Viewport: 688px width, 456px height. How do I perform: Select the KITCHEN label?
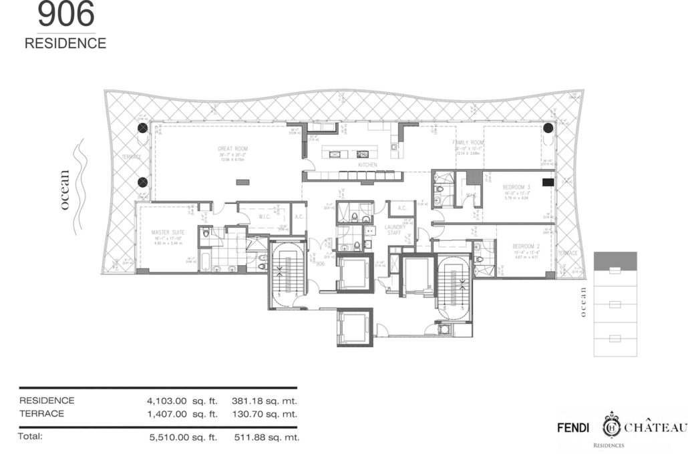point(367,165)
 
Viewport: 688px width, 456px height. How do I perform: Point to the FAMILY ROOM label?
point(468,143)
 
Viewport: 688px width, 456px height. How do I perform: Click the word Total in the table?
point(31,437)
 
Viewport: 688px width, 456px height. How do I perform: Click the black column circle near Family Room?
point(548,128)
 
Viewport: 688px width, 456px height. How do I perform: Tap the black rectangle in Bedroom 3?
point(548,182)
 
